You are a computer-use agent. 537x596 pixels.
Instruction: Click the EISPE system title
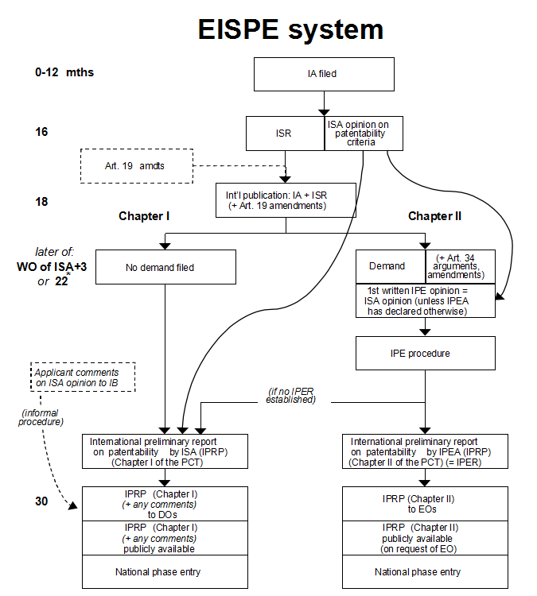click(290, 30)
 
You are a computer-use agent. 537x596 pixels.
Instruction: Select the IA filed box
click(324, 74)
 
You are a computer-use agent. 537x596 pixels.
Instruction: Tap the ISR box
click(285, 134)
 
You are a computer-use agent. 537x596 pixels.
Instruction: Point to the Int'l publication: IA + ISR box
click(285, 199)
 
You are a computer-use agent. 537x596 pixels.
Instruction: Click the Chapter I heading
click(146, 216)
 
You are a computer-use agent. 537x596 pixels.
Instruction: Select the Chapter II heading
click(434, 216)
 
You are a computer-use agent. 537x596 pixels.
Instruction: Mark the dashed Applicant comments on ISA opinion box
click(84, 377)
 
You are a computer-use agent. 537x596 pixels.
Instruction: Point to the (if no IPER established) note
click(291, 395)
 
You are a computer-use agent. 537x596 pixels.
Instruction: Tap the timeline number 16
click(41, 131)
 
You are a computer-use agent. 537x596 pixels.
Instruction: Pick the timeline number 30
click(42, 502)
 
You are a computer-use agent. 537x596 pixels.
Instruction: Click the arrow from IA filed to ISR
click(324, 104)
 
